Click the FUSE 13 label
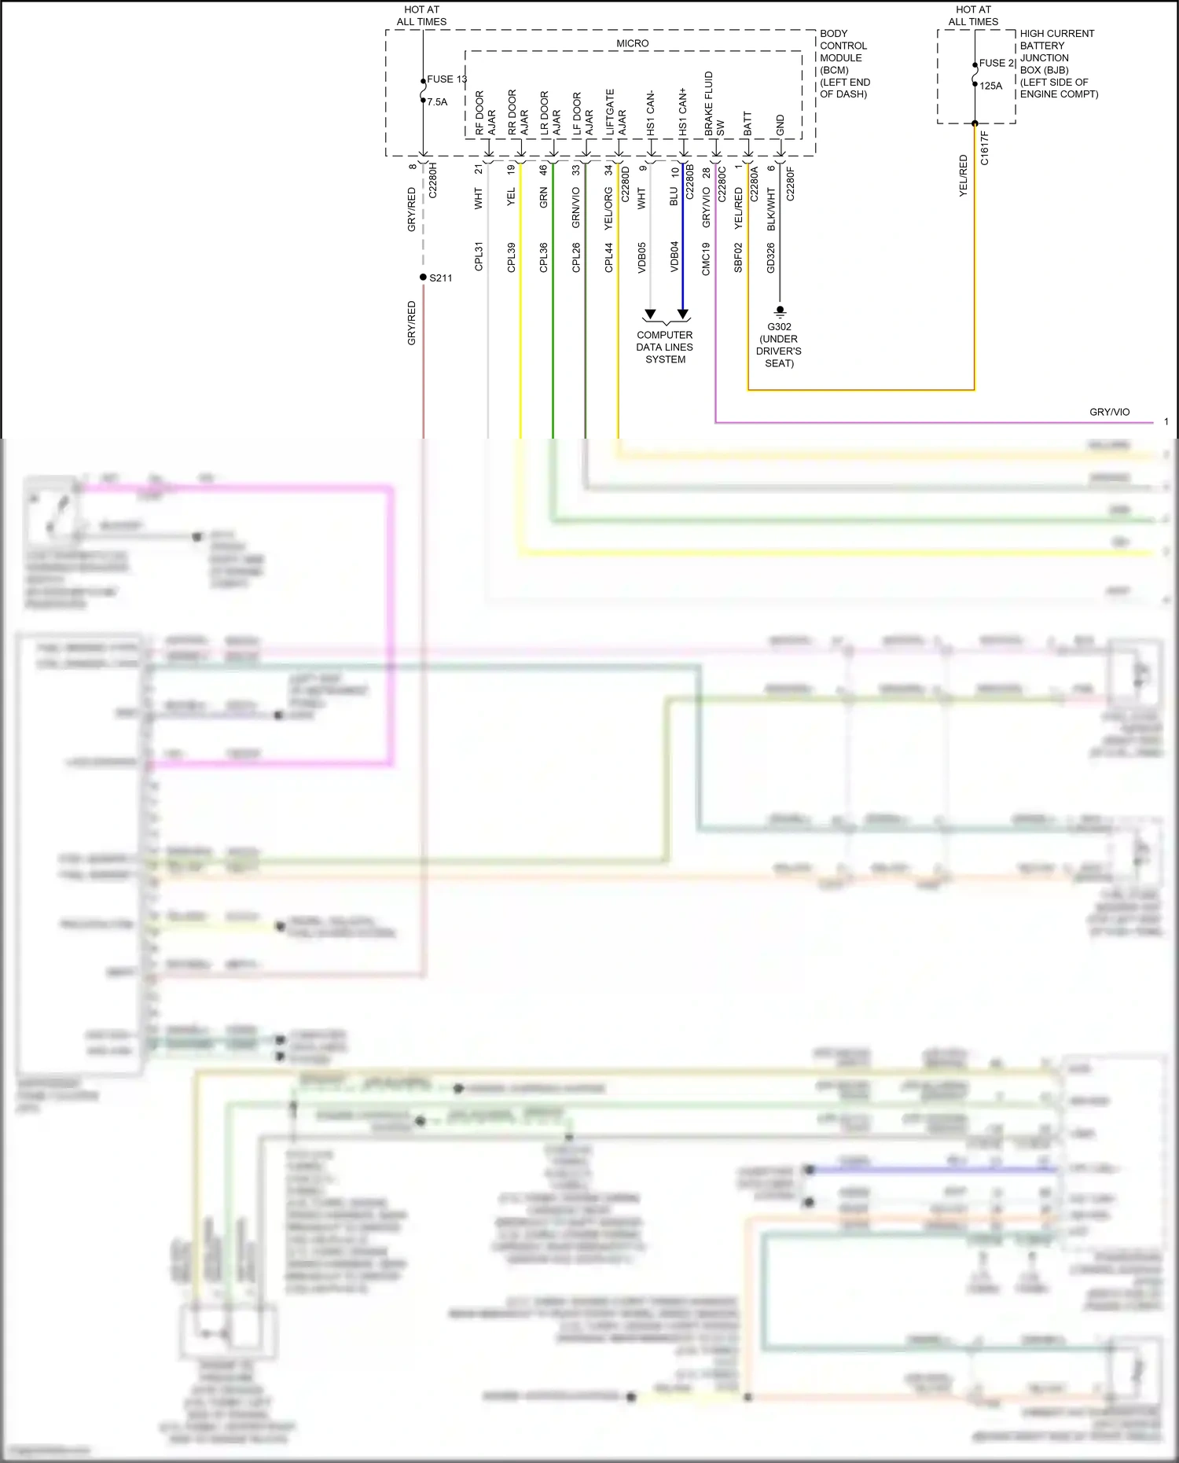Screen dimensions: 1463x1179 pos(446,79)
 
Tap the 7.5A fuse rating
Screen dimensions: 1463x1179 pos(437,101)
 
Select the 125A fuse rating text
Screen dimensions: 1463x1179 pos(990,86)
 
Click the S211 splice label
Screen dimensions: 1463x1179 pos(441,278)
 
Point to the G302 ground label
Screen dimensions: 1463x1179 pos(779,326)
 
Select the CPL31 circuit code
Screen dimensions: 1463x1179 pos(479,257)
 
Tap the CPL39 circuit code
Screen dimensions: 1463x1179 pos(511,257)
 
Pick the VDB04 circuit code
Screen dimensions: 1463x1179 pos(674,257)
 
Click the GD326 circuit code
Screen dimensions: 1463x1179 pos(770,257)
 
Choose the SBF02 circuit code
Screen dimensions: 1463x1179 pos(738,257)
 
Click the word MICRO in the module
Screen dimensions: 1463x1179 pos(633,43)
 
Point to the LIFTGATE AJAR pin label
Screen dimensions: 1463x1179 pos(615,112)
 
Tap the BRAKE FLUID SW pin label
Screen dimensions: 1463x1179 pos(714,104)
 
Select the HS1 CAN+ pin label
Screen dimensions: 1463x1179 pos(682,112)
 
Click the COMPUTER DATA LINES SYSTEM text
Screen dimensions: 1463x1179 pos(665,347)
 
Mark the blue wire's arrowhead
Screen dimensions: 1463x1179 pos(683,314)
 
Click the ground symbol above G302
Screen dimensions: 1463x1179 pos(780,311)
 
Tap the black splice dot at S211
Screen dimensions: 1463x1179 pos(423,278)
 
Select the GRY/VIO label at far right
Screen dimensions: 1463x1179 pos(1109,412)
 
